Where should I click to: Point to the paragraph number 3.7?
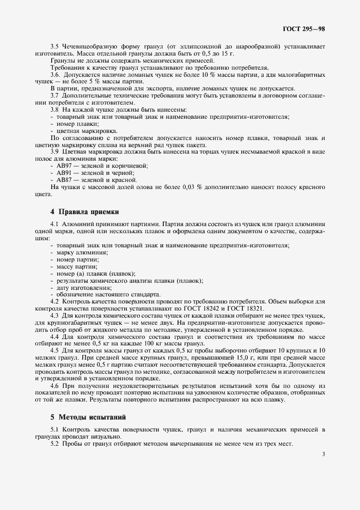pyautogui.click(x=54, y=95)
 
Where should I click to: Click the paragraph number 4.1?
pyautogui.click(x=54, y=224)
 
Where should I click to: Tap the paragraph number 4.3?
pyautogui.click(x=54, y=315)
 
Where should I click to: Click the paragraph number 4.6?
pyautogui.click(x=54, y=386)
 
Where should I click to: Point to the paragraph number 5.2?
pyautogui.click(x=54, y=444)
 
